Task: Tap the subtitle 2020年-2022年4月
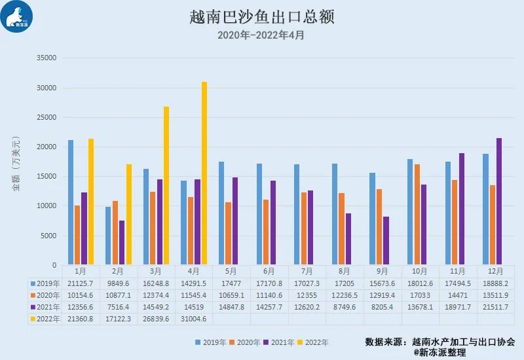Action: tap(261, 35)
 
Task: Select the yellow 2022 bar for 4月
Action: tap(204, 173)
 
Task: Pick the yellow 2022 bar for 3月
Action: tap(166, 186)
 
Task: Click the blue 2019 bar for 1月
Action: tap(71, 202)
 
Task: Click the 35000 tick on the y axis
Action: tap(46, 58)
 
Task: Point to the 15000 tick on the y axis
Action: tap(46, 177)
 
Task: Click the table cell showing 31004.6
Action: tap(194, 319)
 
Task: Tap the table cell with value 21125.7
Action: tap(81, 283)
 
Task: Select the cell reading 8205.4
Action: tap(383, 307)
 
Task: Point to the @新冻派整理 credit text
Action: tap(440, 352)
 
